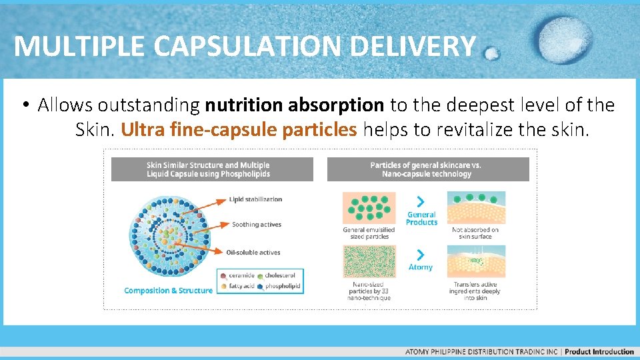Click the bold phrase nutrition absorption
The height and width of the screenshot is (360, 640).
click(295, 105)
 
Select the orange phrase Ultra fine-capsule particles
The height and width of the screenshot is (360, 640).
click(239, 129)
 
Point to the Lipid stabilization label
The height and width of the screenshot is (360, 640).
click(255, 199)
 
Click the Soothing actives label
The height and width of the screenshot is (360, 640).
click(257, 225)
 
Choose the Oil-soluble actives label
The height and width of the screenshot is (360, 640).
click(253, 252)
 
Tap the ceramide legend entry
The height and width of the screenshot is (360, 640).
click(241, 275)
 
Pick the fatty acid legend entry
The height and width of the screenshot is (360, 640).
click(241, 287)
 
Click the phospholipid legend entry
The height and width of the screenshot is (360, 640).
click(282, 287)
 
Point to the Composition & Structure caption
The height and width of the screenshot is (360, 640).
click(168, 291)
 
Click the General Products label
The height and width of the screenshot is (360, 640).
click(421, 219)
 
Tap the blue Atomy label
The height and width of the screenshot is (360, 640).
click(421, 267)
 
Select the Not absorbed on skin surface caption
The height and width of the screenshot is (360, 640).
click(475, 233)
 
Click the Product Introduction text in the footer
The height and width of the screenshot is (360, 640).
click(599, 352)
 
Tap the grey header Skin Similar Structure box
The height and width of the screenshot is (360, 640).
click(212, 169)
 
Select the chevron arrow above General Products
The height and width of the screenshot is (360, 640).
click(421, 201)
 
